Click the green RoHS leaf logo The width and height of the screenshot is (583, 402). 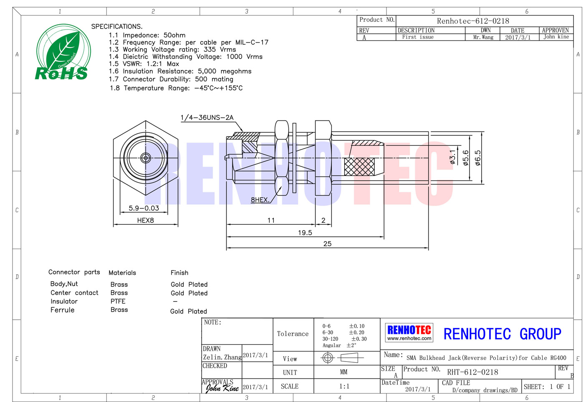[x=63, y=52]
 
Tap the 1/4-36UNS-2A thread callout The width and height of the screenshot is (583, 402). [x=207, y=117]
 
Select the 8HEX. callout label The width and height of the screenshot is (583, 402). [x=260, y=200]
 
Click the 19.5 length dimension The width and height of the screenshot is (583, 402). [x=305, y=232]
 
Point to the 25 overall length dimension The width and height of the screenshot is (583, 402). [x=327, y=244]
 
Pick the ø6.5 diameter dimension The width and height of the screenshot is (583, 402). [x=478, y=158]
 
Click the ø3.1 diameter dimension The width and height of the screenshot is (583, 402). [x=453, y=157]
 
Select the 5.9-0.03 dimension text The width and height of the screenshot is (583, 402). [x=144, y=208]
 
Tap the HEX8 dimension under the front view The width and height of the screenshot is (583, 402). [x=146, y=220]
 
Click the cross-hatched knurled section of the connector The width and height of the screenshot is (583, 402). [x=359, y=167]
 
